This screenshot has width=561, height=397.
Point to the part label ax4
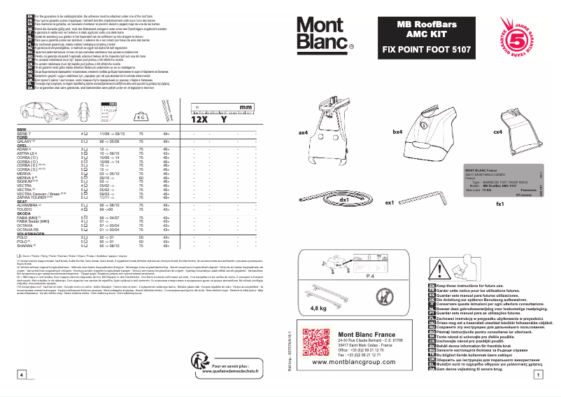pos(303,132)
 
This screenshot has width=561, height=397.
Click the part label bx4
pos(397,132)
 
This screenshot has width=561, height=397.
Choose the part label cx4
pos(497,132)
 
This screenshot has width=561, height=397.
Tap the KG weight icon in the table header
pos(140,118)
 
